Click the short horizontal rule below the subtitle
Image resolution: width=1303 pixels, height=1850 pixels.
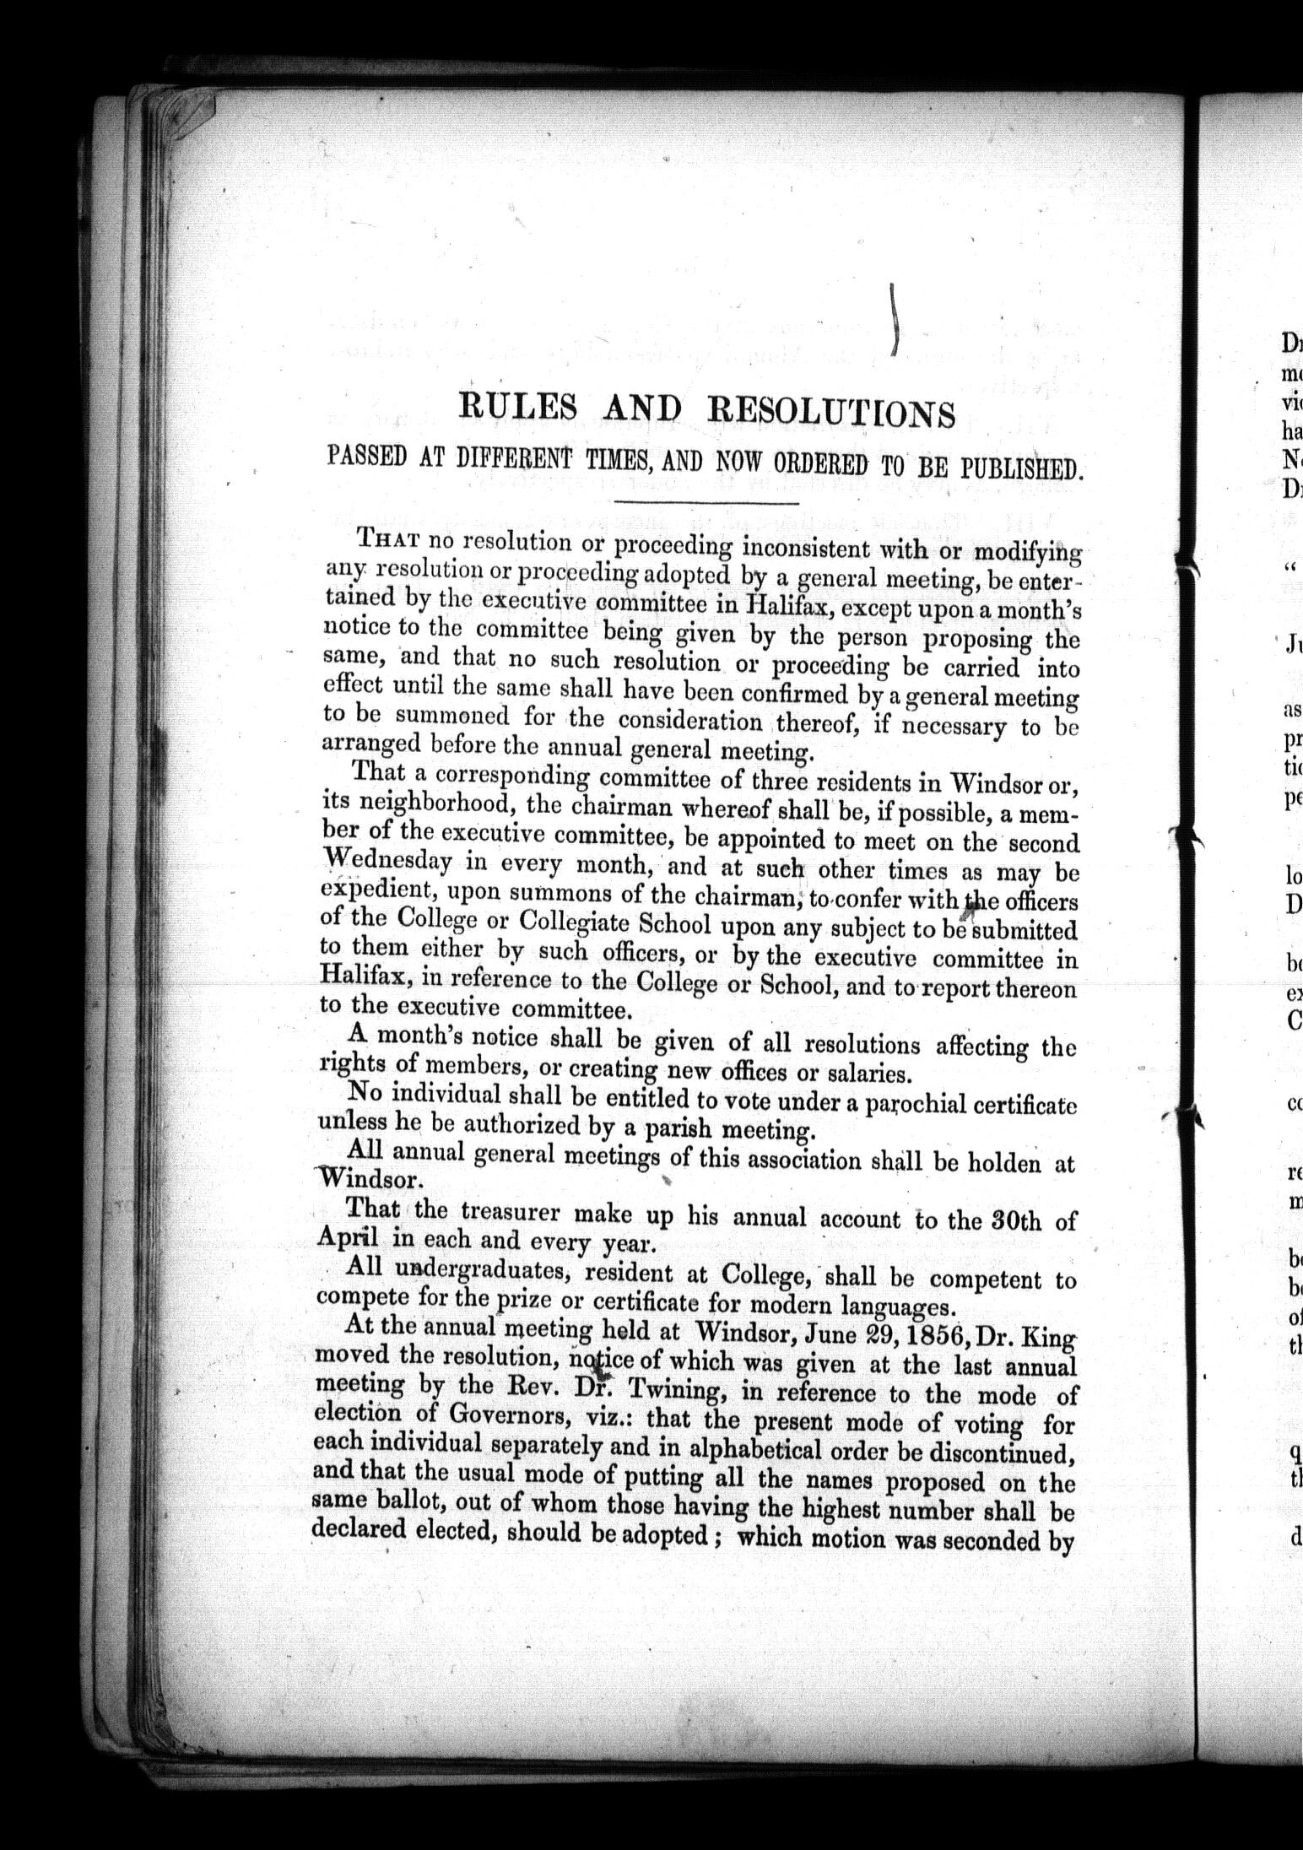pyautogui.click(x=708, y=504)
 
